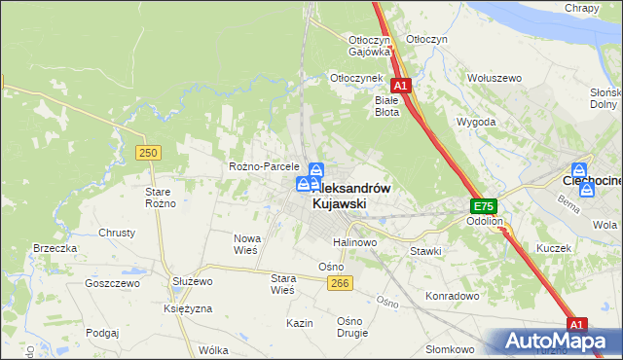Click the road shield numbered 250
(148, 153)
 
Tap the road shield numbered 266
(339, 282)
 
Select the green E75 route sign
(484, 206)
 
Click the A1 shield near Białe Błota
(401, 86)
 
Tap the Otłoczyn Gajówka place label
(370, 46)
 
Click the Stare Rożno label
(160, 198)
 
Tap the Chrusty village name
(117, 234)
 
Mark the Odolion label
(484, 222)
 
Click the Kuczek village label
(553, 248)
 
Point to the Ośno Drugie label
(350, 327)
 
